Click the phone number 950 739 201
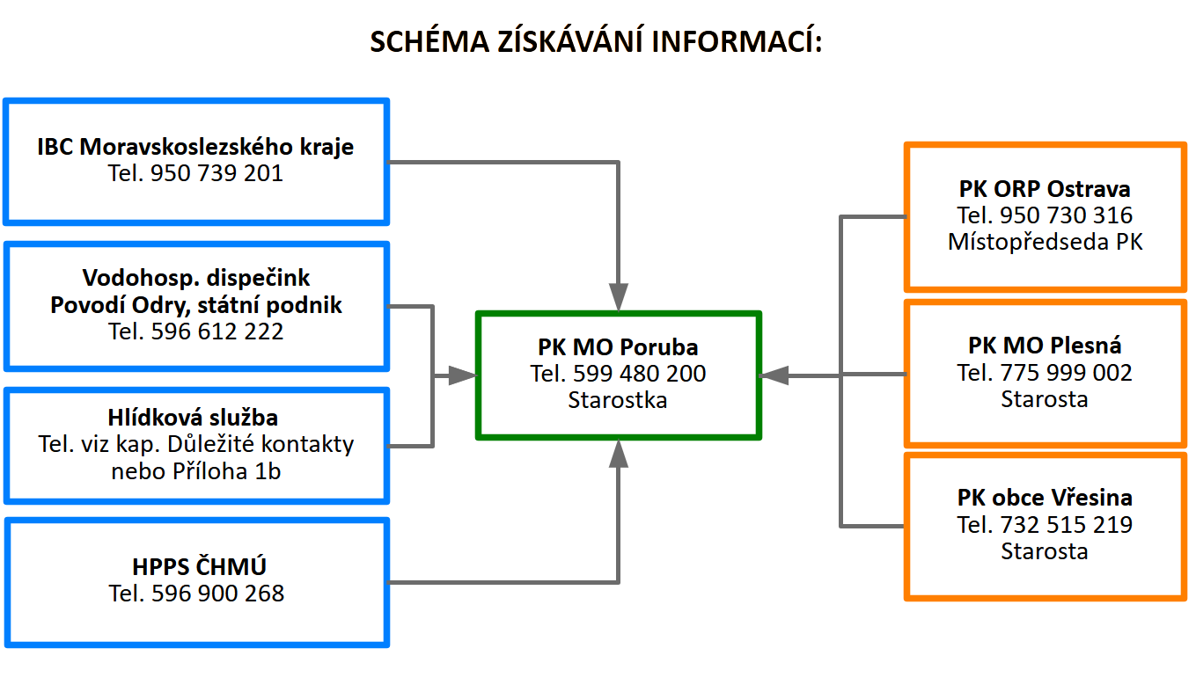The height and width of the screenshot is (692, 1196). point(216,173)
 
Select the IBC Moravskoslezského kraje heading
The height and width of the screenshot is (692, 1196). point(195,146)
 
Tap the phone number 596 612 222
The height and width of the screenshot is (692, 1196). point(217,331)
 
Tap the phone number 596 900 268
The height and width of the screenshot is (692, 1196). point(218,594)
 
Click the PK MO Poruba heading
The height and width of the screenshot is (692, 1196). point(618,346)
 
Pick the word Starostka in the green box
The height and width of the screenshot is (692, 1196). point(618,400)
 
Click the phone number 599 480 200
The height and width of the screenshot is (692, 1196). point(640,374)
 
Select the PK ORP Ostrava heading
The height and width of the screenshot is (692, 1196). point(1045,188)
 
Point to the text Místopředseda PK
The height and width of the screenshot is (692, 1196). point(1045,242)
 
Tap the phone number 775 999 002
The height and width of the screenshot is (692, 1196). point(1067,373)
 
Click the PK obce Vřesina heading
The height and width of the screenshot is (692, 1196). point(1045,498)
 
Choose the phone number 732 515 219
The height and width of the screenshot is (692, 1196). point(1067,525)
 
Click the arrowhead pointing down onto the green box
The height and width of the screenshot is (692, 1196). point(619,296)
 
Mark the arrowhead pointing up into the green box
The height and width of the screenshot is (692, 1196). point(619,454)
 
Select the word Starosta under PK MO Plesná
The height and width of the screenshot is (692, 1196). point(1045,399)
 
